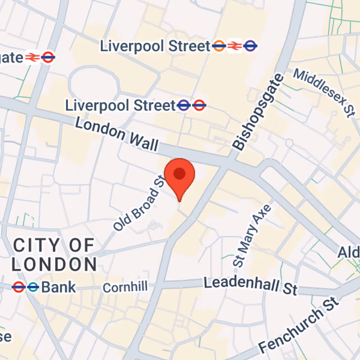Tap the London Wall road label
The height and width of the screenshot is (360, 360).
coord(117,134)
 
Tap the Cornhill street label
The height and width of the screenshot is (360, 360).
coord(125,288)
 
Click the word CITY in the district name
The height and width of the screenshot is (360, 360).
coord(36,246)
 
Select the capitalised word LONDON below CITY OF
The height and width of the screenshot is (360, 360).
coord(54,265)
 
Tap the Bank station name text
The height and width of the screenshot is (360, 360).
coord(58,288)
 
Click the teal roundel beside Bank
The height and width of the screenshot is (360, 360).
coord(32,287)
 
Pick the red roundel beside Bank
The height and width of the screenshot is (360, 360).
coord(18,287)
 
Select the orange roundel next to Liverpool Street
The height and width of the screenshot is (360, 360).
coord(219,45)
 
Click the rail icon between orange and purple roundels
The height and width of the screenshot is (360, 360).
coord(234,45)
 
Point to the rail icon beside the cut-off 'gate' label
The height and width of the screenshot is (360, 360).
coord(32,57)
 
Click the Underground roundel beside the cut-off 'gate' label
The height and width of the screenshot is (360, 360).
coord(48,57)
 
